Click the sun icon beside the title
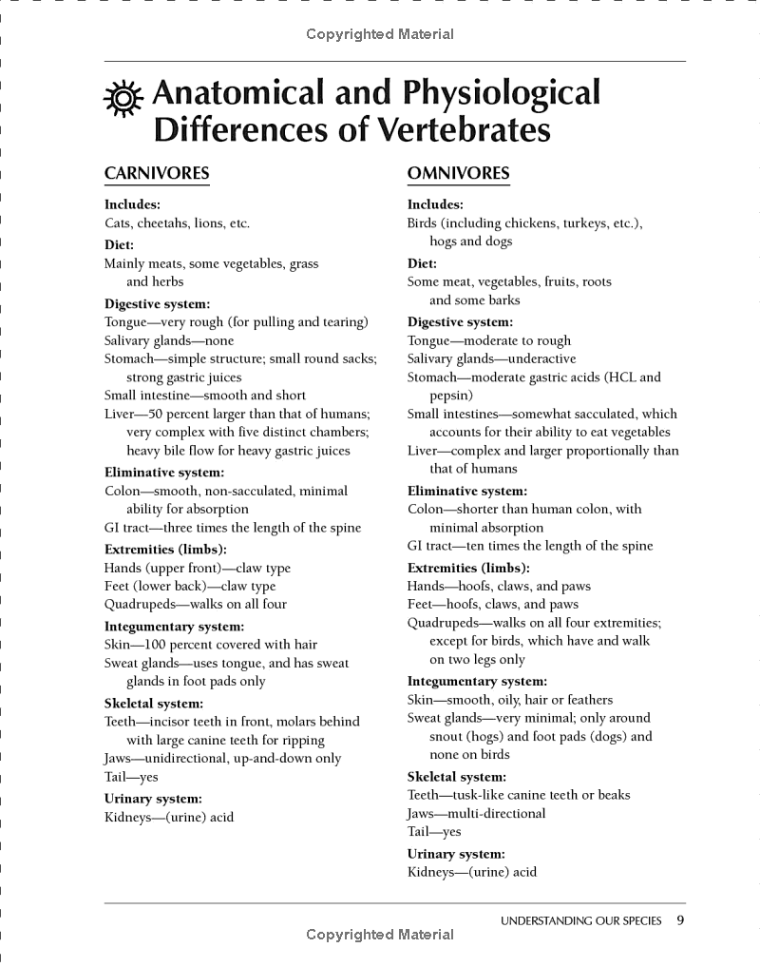(x=123, y=99)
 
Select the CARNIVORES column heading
(x=157, y=174)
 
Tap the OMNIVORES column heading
(x=458, y=174)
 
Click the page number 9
(x=680, y=919)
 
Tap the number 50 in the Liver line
(x=156, y=415)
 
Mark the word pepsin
(x=450, y=396)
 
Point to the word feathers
(x=586, y=700)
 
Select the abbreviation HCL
(x=624, y=377)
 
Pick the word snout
(x=446, y=737)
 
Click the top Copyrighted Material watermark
(x=380, y=35)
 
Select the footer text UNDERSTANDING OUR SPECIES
(x=581, y=920)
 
